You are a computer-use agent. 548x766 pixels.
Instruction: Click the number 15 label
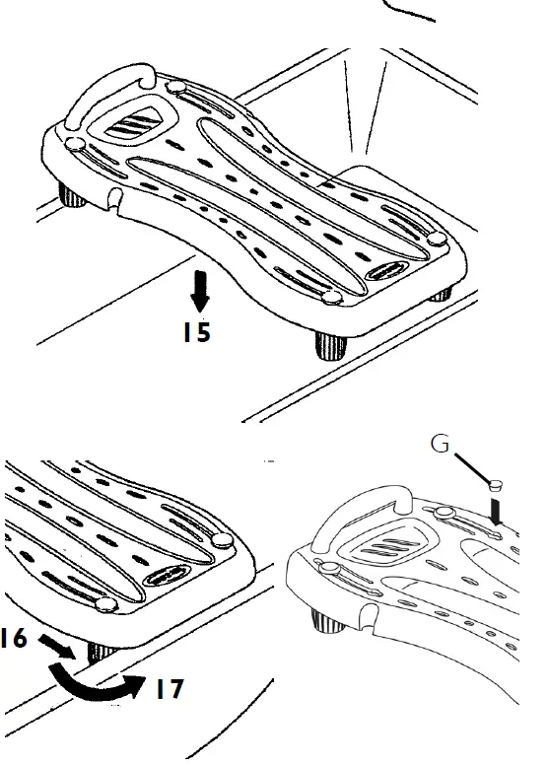pos(196,332)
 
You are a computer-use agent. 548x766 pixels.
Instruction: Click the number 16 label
pos(13,638)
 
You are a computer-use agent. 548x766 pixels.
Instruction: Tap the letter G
pos(441,445)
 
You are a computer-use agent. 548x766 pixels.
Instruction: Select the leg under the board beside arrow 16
pos(97,652)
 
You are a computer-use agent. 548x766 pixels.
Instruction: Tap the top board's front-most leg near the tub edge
pos(328,345)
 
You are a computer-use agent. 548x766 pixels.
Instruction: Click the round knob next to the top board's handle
pos(176,88)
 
